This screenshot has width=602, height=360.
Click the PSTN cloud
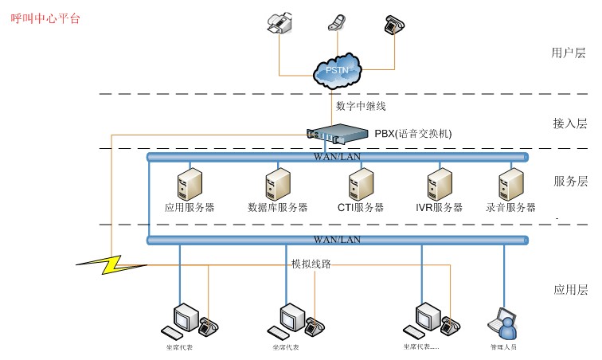point(337,69)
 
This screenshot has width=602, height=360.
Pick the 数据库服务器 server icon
point(277,184)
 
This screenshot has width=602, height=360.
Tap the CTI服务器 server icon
point(360,184)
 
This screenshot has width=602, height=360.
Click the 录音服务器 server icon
point(510,184)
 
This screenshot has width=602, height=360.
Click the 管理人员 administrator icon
point(505,322)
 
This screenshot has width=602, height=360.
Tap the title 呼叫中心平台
point(46,18)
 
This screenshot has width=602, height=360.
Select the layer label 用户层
point(569,53)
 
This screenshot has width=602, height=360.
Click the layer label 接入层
point(570,123)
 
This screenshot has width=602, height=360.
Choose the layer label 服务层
point(570,182)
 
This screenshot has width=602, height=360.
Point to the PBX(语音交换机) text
point(413,134)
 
